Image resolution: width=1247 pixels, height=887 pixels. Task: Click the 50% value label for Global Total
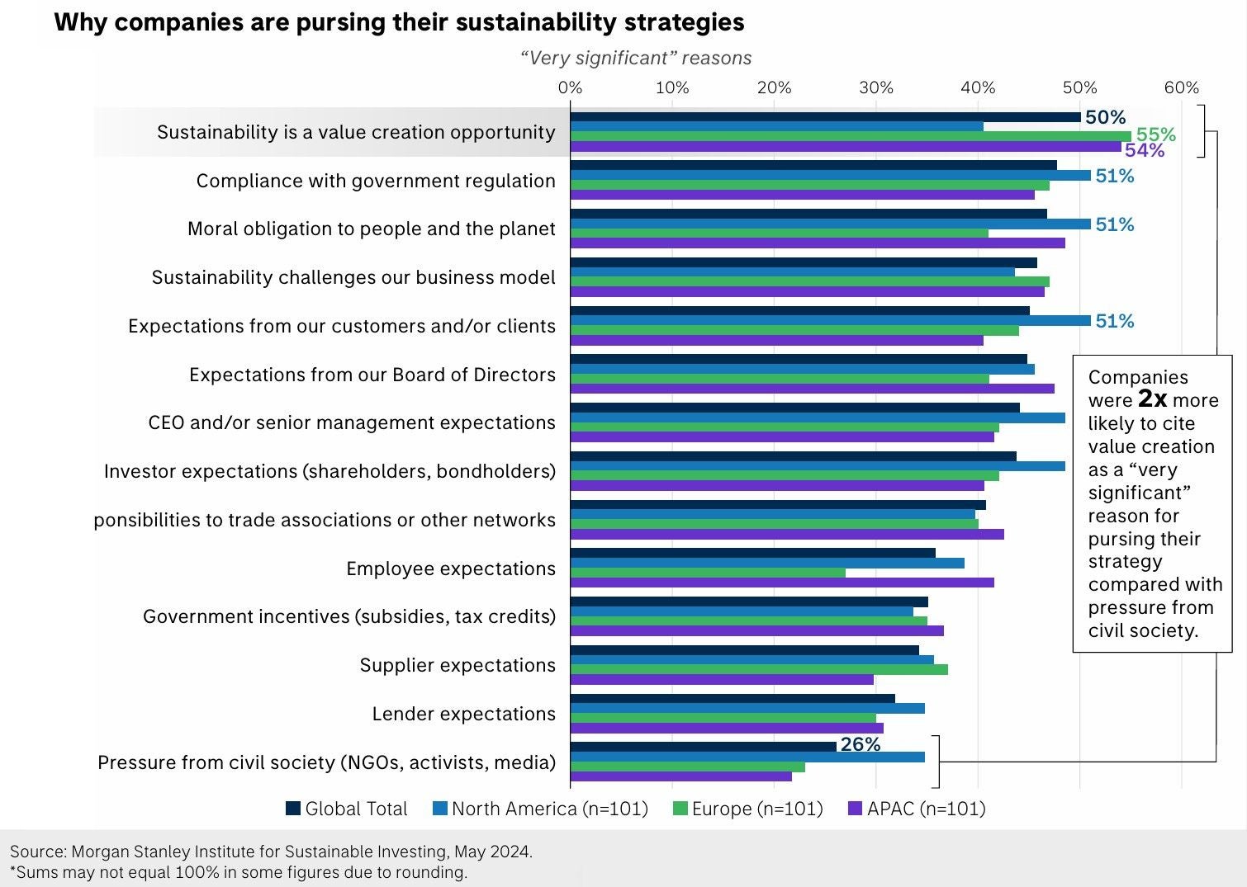(1105, 117)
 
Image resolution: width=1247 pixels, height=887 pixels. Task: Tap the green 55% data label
(1155, 134)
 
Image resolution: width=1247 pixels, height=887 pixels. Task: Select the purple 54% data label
(1144, 150)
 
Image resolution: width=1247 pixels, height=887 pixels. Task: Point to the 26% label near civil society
(860, 744)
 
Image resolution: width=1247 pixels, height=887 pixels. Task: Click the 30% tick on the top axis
(875, 87)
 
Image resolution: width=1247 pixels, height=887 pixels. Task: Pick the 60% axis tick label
(1181, 87)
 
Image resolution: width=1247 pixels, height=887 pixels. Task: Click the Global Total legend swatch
(293, 809)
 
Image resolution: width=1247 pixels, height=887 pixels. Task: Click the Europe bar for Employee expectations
(708, 573)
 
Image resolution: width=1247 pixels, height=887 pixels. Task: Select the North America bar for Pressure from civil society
(747, 757)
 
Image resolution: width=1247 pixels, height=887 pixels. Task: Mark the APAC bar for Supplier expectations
(722, 680)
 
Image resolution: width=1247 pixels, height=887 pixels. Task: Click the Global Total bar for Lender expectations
(733, 699)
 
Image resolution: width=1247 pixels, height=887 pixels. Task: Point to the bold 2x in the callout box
(1152, 399)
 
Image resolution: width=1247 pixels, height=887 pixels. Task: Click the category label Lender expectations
(463, 714)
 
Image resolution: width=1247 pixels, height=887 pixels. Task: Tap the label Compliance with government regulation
(376, 181)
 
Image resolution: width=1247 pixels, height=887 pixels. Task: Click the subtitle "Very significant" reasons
(636, 59)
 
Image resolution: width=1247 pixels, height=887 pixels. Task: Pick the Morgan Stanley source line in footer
(271, 852)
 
